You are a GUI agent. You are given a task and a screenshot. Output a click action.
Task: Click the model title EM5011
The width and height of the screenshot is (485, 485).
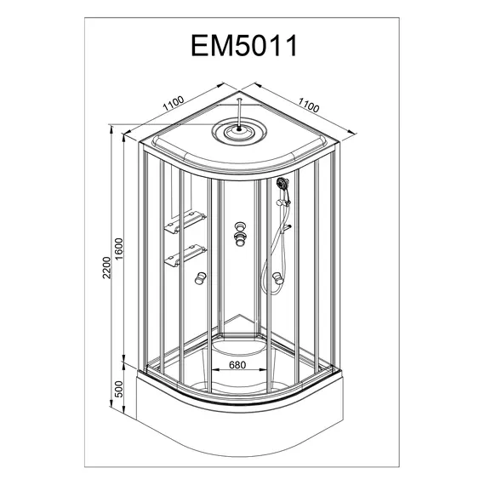click(x=244, y=45)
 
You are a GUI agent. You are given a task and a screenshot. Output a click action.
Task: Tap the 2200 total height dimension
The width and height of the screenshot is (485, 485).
click(x=106, y=267)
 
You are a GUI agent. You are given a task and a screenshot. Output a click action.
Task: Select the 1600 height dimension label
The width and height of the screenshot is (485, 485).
click(x=119, y=249)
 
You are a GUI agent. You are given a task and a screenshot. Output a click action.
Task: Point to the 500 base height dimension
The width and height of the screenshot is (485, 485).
click(x=119, y=389)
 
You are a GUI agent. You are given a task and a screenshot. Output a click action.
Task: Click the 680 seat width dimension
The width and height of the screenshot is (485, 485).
click(x=237, y=365)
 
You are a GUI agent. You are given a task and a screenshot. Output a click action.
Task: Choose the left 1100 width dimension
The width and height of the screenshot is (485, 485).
click(x=174, y=103)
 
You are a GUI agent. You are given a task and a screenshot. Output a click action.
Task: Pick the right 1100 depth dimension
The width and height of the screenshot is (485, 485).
click(x=308, y=106)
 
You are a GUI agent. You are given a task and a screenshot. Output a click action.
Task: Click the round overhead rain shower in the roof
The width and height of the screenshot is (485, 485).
click(x=239, y=131)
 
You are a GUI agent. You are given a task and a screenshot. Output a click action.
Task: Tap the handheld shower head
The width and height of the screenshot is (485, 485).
click(x=282, y=183)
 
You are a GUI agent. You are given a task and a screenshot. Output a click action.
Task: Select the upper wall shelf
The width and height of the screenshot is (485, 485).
click(x=185, y=221)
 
